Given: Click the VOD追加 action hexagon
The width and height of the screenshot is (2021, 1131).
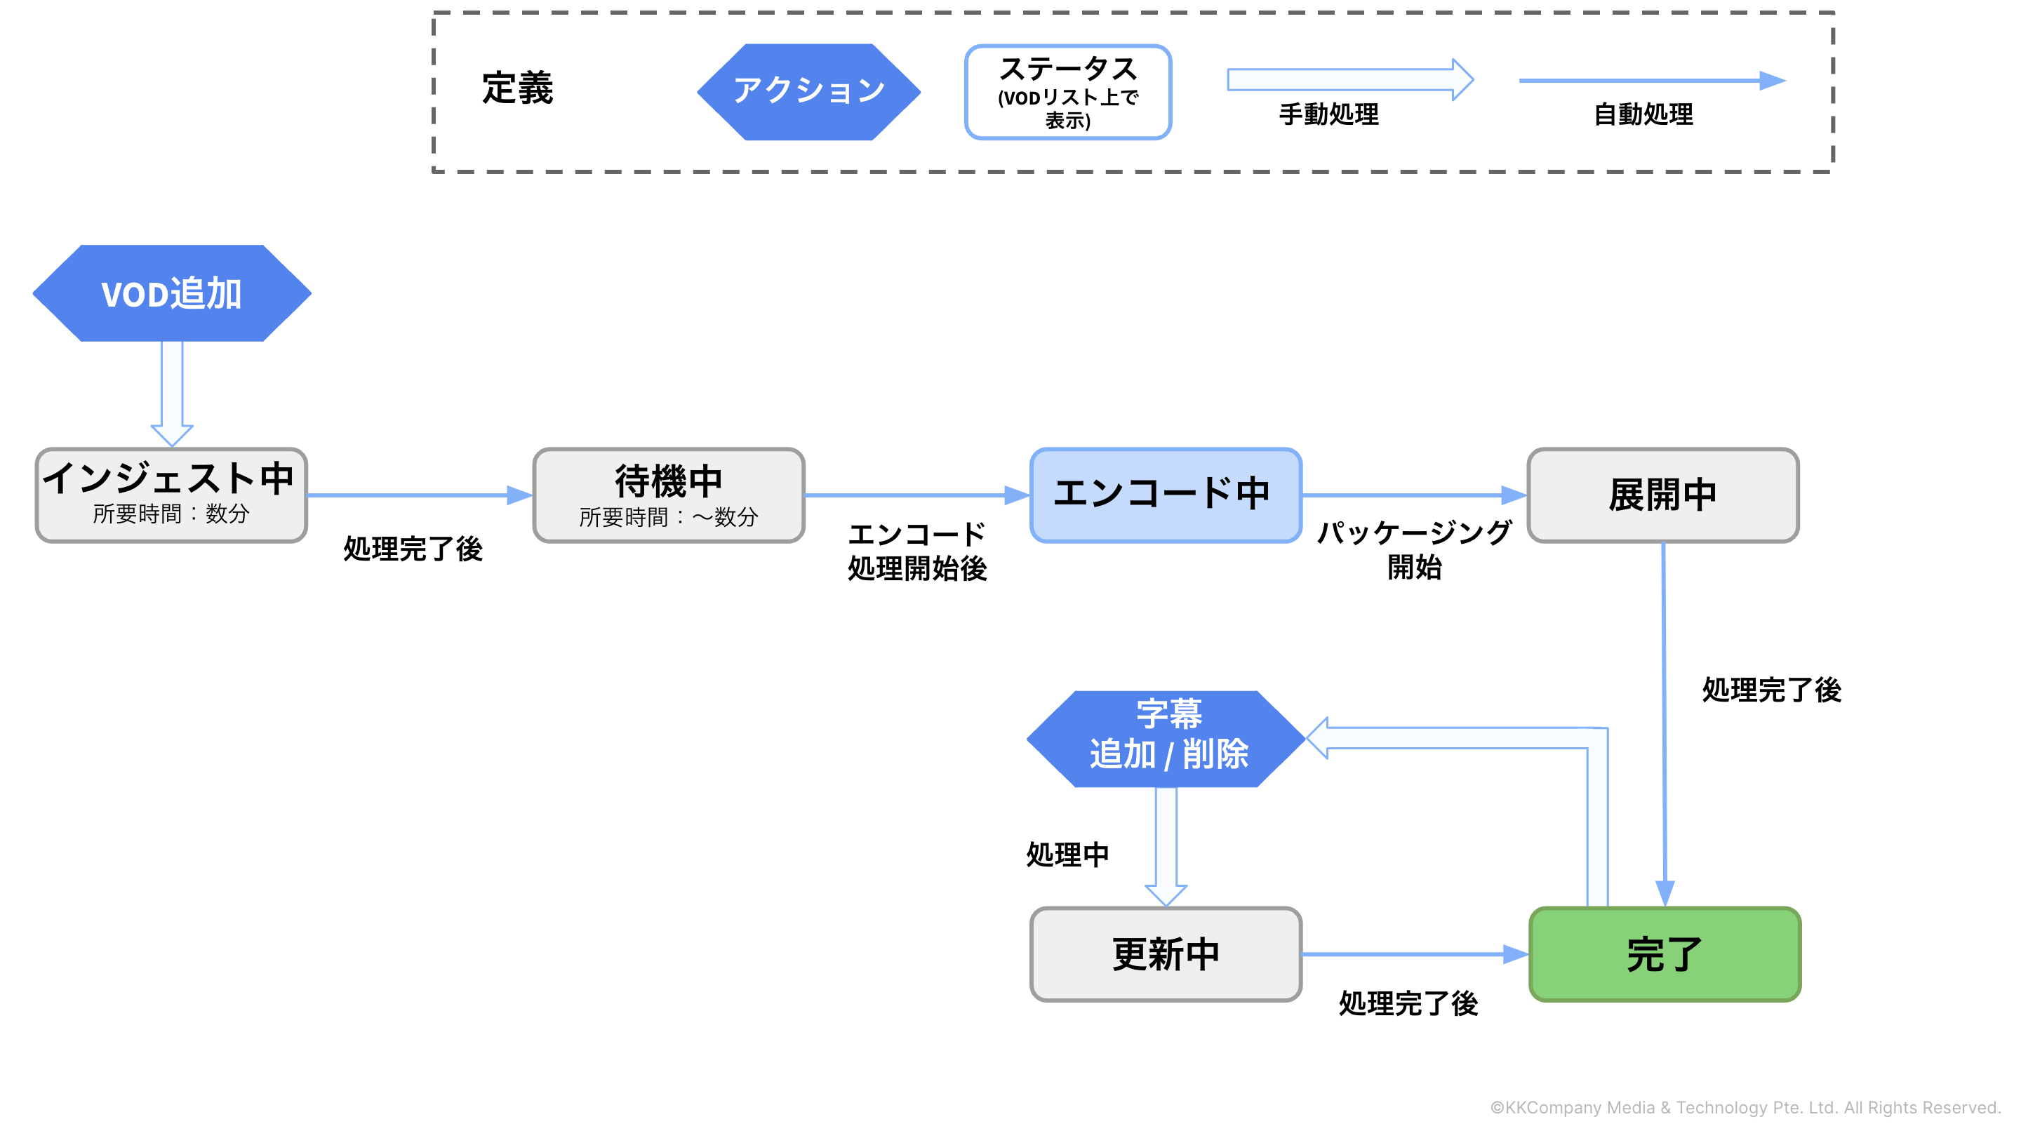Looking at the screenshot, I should pyautogui.click(x=172, y=293).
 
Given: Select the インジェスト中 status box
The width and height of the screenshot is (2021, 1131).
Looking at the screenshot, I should pyautogui.click(x=172, y=495).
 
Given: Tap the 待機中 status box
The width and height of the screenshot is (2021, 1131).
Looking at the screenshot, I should pyautogui.click(x=669, y=495).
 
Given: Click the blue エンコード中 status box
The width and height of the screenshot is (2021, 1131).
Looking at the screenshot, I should pyautogui.click(x=1166, y=495).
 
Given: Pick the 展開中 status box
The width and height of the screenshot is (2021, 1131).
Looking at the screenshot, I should pyautogui.click(x=1662, y=495).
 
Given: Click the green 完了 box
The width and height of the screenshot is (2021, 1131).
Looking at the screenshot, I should pyautogui.click(x=1664, y=953).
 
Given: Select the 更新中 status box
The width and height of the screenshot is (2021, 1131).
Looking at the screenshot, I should pyautogui.click(x=1166, y=953).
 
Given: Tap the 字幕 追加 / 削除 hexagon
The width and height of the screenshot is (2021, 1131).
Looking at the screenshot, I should pyautogui.click(x=1166, y=738).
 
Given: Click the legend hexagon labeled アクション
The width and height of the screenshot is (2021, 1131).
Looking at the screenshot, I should pyautogui.click(x=809, y=92).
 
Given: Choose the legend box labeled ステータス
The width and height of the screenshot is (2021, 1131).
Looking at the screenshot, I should pyautogui.click(x=1068, y=92).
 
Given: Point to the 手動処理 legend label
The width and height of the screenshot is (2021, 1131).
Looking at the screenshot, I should pyautogui.click(x=1329, y=114).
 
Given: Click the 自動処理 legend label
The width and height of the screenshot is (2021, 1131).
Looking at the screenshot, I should pyautogui.click(x=1643, y=114).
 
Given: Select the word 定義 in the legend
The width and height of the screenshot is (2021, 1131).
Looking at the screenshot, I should pyautogui.click(x=518, y=88).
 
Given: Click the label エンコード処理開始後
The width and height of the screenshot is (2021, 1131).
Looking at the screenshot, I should pyautogui.click(x=917, y=551).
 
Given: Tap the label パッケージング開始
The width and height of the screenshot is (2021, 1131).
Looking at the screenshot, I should pyautogui.click(x=1415, y=550).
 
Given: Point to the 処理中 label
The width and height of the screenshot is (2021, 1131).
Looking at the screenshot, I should pyautogui.click(x=1068, y=854).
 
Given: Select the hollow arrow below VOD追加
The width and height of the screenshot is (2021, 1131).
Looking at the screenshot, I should pyautogui.click(x=172, y=392).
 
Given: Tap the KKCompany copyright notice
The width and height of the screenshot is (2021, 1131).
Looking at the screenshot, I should pyautogui.click(x=1746, y=1106).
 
